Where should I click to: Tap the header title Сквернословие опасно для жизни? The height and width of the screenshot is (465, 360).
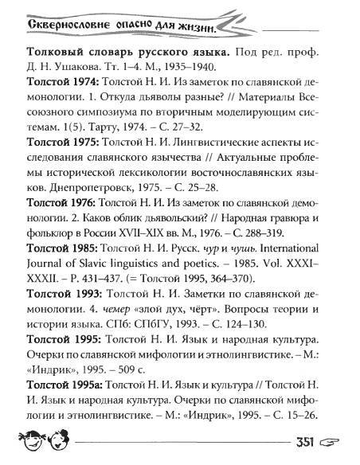click(x=119, y=29)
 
